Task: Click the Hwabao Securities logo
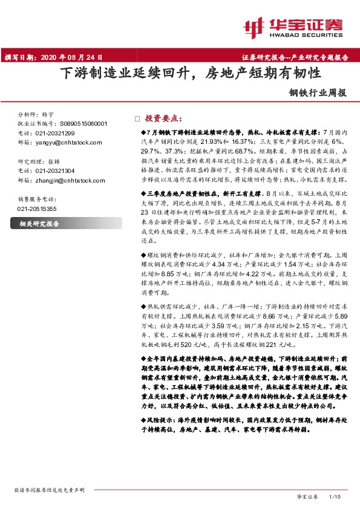297,27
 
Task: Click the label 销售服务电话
37,199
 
